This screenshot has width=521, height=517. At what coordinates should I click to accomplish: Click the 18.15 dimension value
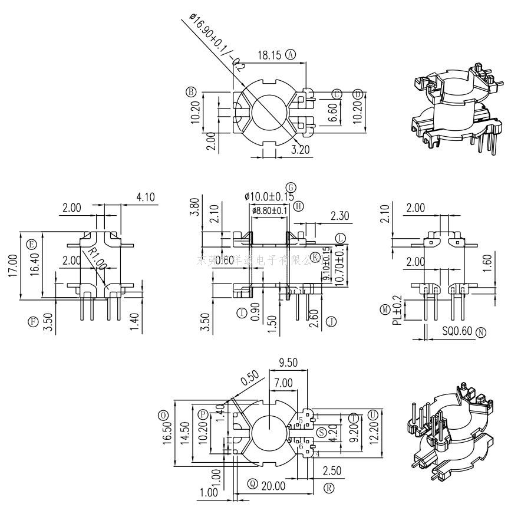269,55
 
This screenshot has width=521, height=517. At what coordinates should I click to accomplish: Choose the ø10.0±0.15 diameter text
269,196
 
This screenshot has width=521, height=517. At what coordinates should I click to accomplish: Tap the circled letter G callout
291,187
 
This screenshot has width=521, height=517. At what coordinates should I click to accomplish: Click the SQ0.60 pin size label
457,332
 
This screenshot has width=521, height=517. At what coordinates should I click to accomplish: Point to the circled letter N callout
481,332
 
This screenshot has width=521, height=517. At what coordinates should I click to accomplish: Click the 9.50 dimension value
288,363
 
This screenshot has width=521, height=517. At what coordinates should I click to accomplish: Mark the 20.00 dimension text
273,486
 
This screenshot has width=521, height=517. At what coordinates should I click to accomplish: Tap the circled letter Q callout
253,485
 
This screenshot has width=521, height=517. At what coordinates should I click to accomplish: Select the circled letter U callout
372,416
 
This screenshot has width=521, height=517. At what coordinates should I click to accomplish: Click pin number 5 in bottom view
301,420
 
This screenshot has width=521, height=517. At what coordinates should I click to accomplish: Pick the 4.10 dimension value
145,197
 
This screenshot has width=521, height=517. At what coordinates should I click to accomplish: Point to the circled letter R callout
329,488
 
